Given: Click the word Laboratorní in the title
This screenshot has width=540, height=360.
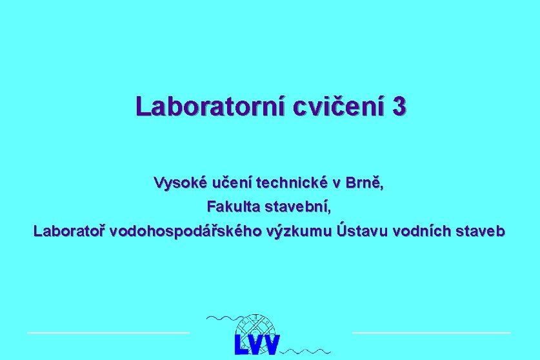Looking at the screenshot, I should tap(210, 106).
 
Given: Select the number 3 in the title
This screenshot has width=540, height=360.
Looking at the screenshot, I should tap(399, 106).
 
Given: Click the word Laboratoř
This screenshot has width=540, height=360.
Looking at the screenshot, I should tap(70, 230).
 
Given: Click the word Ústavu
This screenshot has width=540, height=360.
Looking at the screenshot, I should tap(357, 230).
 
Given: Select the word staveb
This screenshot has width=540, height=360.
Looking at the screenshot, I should tap(481, 230).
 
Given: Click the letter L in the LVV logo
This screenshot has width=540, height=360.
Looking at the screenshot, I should tap(242, 345).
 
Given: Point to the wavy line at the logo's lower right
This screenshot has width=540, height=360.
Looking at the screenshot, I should tap(308, 352).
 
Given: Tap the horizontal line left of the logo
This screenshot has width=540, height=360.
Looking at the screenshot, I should tap(108, 332).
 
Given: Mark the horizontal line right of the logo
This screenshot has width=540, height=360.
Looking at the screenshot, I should tap(431, 332).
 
